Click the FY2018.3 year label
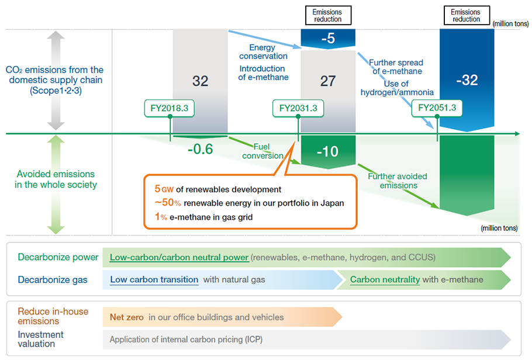click(170, 108)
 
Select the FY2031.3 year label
click(298, 108)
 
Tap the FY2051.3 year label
click(437, 108)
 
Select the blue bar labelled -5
click(328, 39)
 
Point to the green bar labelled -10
click(328, 151)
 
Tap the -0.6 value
click(200, 149)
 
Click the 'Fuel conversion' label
click(262, 151)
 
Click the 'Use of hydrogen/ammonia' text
click(397, 88)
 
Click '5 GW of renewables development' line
click(218, 189)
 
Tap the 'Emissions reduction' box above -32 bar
click(465, 16)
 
